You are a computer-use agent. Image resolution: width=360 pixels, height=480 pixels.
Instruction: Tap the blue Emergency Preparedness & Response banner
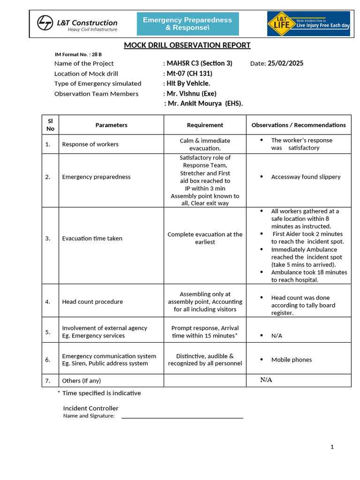187,24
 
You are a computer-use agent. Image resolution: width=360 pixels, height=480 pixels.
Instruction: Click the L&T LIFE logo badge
308,24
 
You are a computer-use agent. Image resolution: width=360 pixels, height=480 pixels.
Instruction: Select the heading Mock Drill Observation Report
187,45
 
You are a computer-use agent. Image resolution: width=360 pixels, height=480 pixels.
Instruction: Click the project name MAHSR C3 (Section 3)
199,64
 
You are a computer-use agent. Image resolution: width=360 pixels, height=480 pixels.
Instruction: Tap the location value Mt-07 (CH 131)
189,74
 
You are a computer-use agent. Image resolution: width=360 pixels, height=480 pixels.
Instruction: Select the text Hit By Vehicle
188,83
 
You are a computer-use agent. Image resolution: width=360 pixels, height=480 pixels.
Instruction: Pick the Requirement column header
205,125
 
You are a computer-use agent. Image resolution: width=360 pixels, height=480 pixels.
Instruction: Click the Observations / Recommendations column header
299,125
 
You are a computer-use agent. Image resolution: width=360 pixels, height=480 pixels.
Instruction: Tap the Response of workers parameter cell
90,144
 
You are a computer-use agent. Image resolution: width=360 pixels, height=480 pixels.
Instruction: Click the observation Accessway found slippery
306,177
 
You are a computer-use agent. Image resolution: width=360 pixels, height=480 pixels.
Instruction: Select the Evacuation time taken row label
92,239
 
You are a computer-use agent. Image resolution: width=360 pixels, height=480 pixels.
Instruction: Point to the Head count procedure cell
92,302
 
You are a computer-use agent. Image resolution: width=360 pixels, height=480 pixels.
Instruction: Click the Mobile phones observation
291,360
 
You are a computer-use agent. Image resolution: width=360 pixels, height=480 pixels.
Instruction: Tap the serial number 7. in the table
48,381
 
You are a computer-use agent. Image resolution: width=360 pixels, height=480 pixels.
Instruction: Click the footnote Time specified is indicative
101,393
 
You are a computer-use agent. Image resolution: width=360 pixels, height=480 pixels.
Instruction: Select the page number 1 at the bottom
332,447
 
